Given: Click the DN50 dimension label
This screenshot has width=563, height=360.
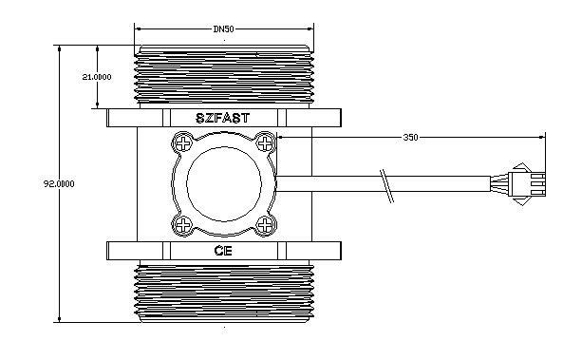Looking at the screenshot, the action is pyautogui.click(x=223, y=29).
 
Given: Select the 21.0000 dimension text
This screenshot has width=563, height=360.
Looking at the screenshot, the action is pyautogui.click(x=97, y=77).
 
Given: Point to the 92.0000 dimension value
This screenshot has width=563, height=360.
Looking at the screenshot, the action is pyautogui.click(x=59, y=184).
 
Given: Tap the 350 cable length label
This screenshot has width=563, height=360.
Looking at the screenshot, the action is pyautogui.click(x=410, y=137).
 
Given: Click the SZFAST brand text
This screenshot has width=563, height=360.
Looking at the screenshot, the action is pyautogui.click(x=222, y=118).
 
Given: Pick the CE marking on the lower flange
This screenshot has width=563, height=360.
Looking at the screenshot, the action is pyautogui.click(x=223, y=251).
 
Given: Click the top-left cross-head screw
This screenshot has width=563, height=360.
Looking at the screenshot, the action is pyautogui.click(x=183, y=143).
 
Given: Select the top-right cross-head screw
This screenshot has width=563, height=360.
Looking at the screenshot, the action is pyautogui.click(x=265, y=143).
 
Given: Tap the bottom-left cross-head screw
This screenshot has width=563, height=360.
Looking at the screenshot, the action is pyautogui.click(x=183, y=225).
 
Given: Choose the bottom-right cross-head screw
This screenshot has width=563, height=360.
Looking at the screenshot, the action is pyautogui.click(x=265, y=225).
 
